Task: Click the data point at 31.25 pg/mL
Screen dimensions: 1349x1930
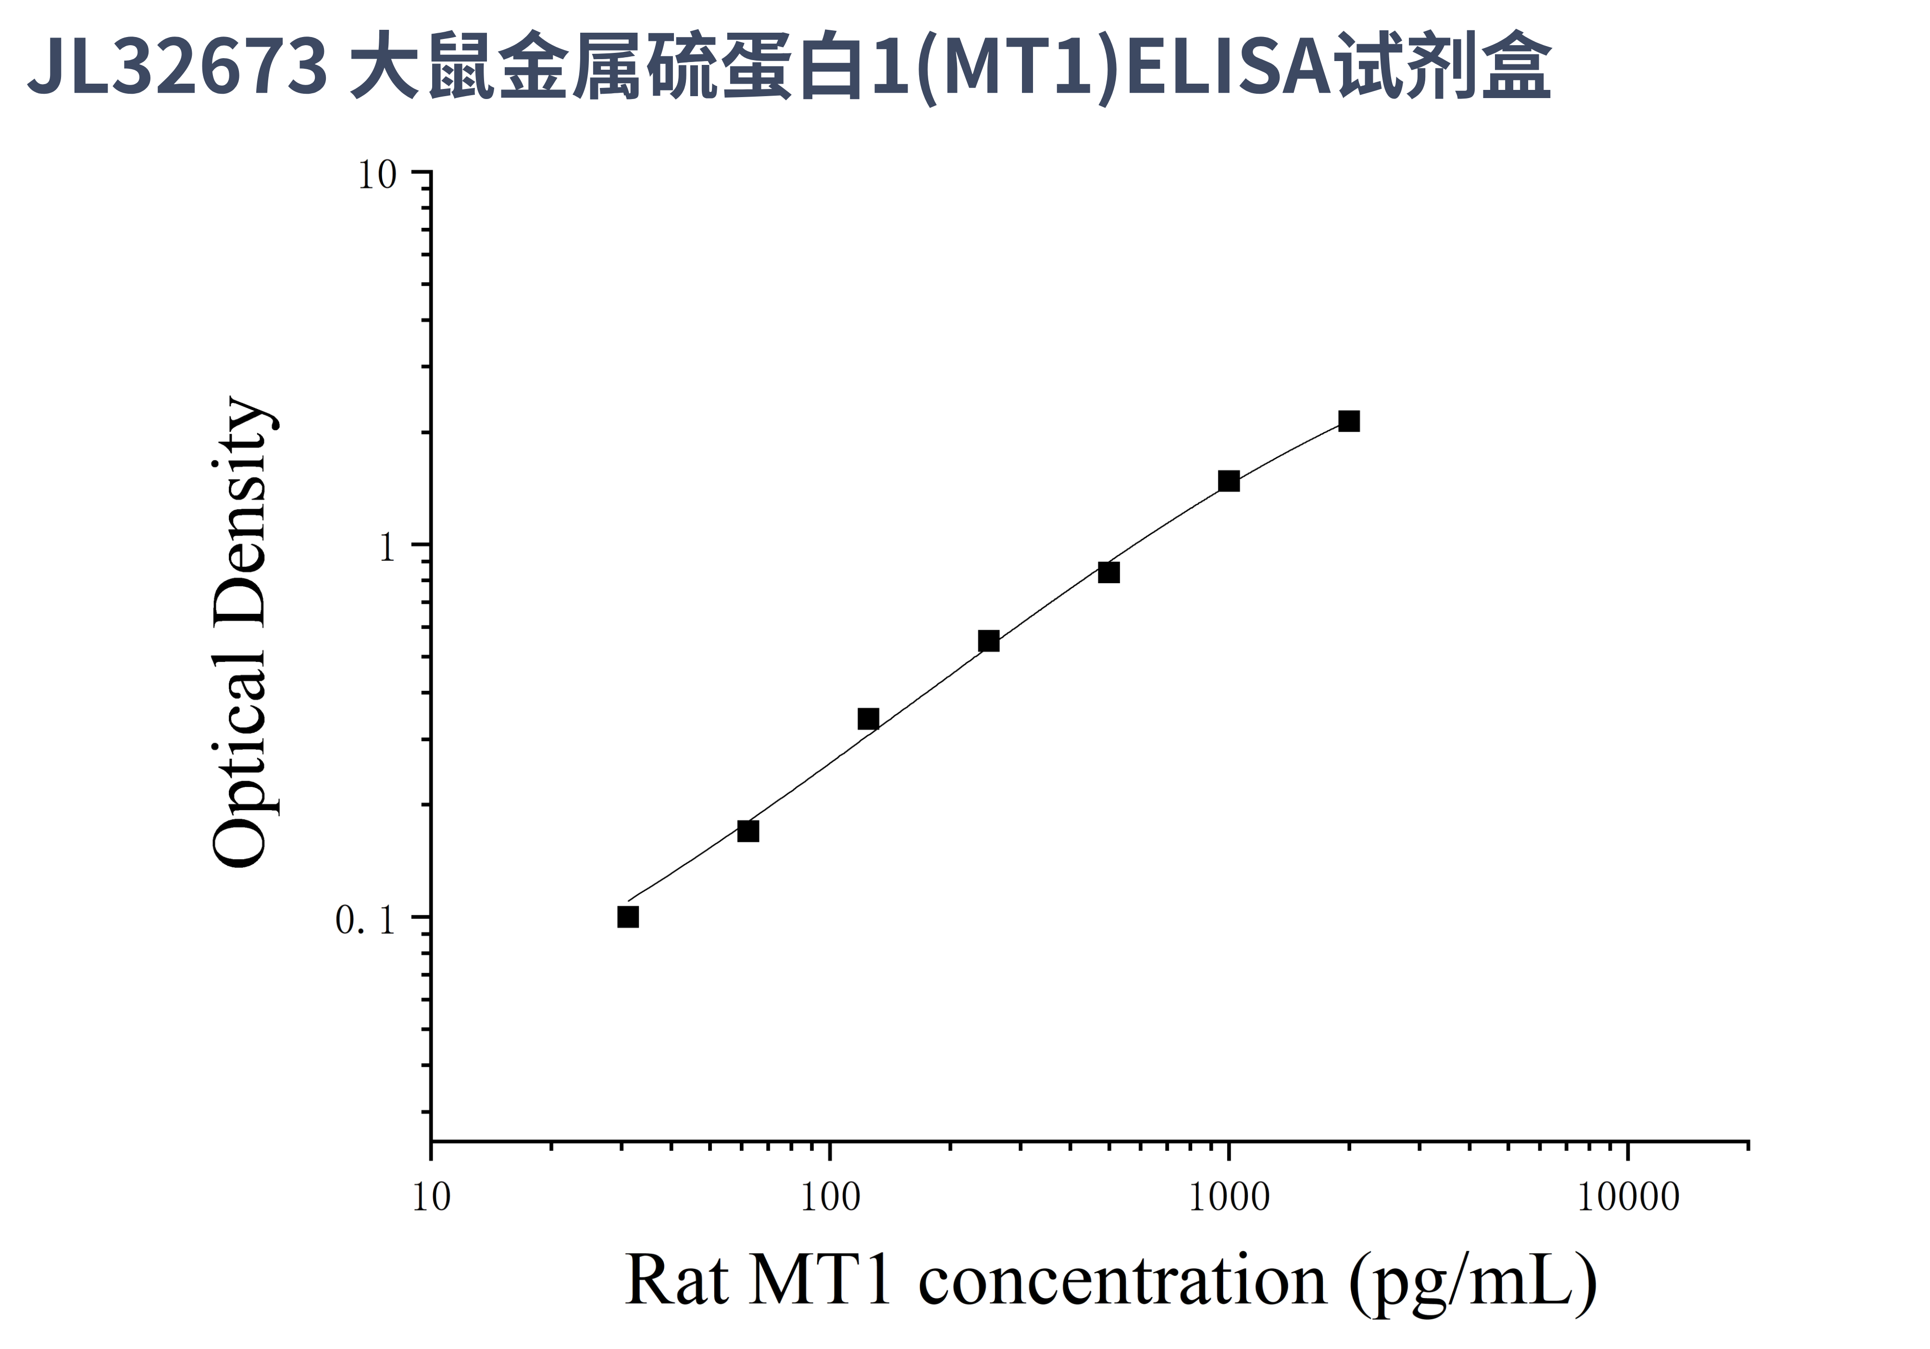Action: [x=628, y=916]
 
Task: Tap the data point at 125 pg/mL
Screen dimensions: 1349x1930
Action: [x=868, y=719]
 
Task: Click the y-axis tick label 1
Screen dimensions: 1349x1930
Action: [x=386, y=548]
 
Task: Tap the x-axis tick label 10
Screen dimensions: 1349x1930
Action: [x=431, y=1198]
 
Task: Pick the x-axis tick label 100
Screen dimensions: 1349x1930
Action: [x=830, y=1198]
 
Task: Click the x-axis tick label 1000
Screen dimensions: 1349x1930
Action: [x=1228, y=1198]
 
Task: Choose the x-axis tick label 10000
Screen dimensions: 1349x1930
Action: [x=1627, y=1198]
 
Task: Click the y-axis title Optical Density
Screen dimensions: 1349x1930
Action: [x=241, y=632]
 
